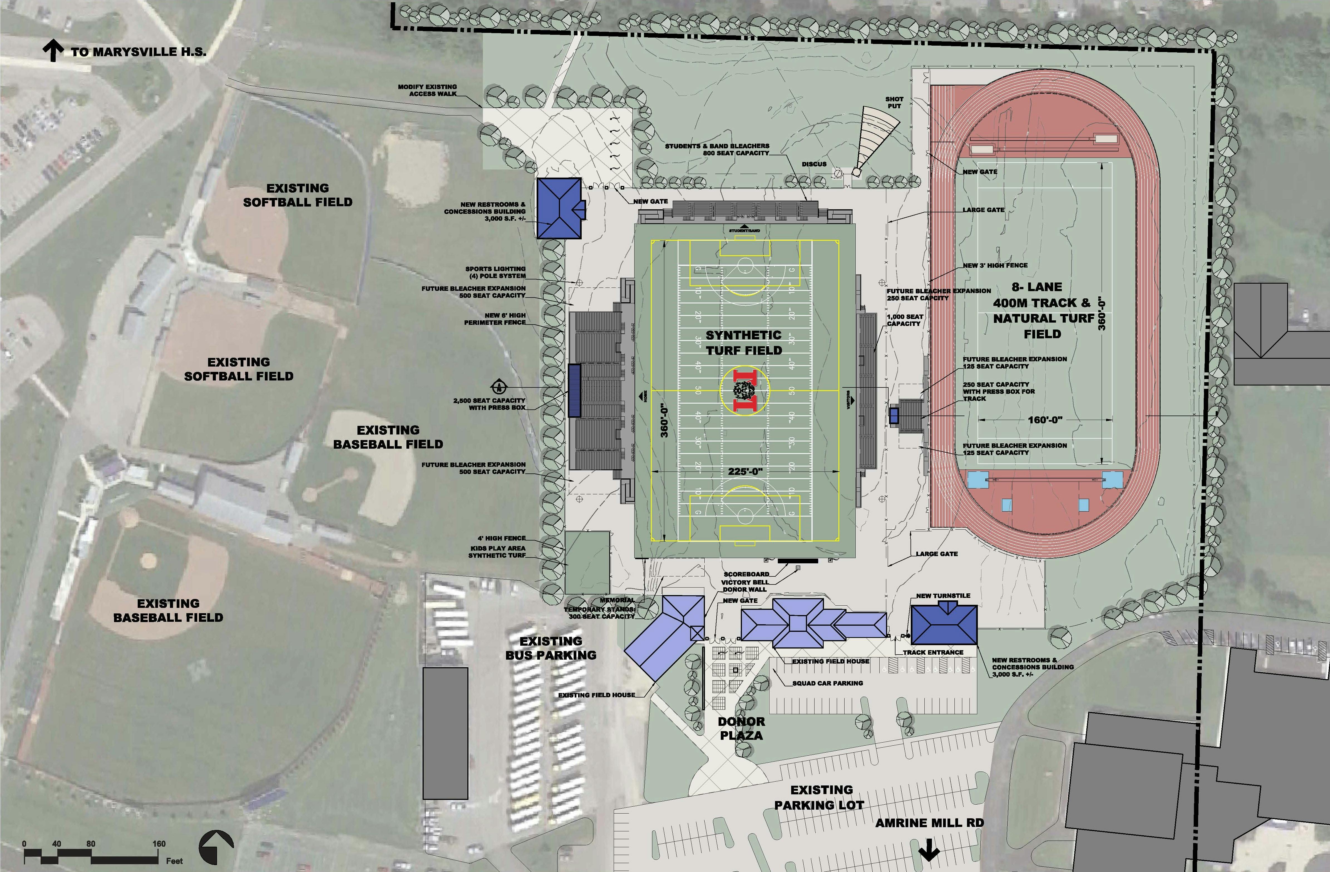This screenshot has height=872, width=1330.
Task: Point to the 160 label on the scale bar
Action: click(x=159, y=844)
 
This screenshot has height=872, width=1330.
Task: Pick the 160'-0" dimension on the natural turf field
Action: click(x=1044, y=419)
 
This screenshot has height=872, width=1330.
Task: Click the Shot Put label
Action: click(x=894, y=102)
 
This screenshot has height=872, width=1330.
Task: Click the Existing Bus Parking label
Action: click(x=551, y=648)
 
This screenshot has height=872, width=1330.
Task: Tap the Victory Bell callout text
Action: click(x=745, y=582)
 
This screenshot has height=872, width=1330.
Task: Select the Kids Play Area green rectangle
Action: click(x=587, y=562)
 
